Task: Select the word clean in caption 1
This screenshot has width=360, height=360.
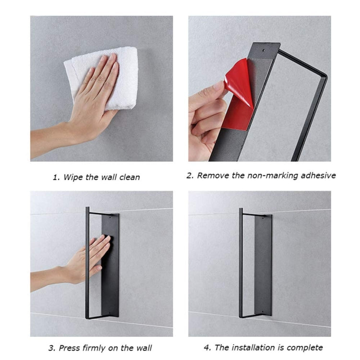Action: [129, 177]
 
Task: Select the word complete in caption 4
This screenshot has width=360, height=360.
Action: [305, 348]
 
